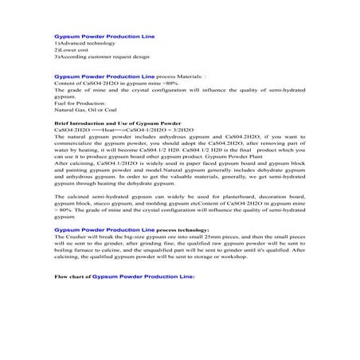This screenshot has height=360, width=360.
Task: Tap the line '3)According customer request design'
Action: (96, 58)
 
